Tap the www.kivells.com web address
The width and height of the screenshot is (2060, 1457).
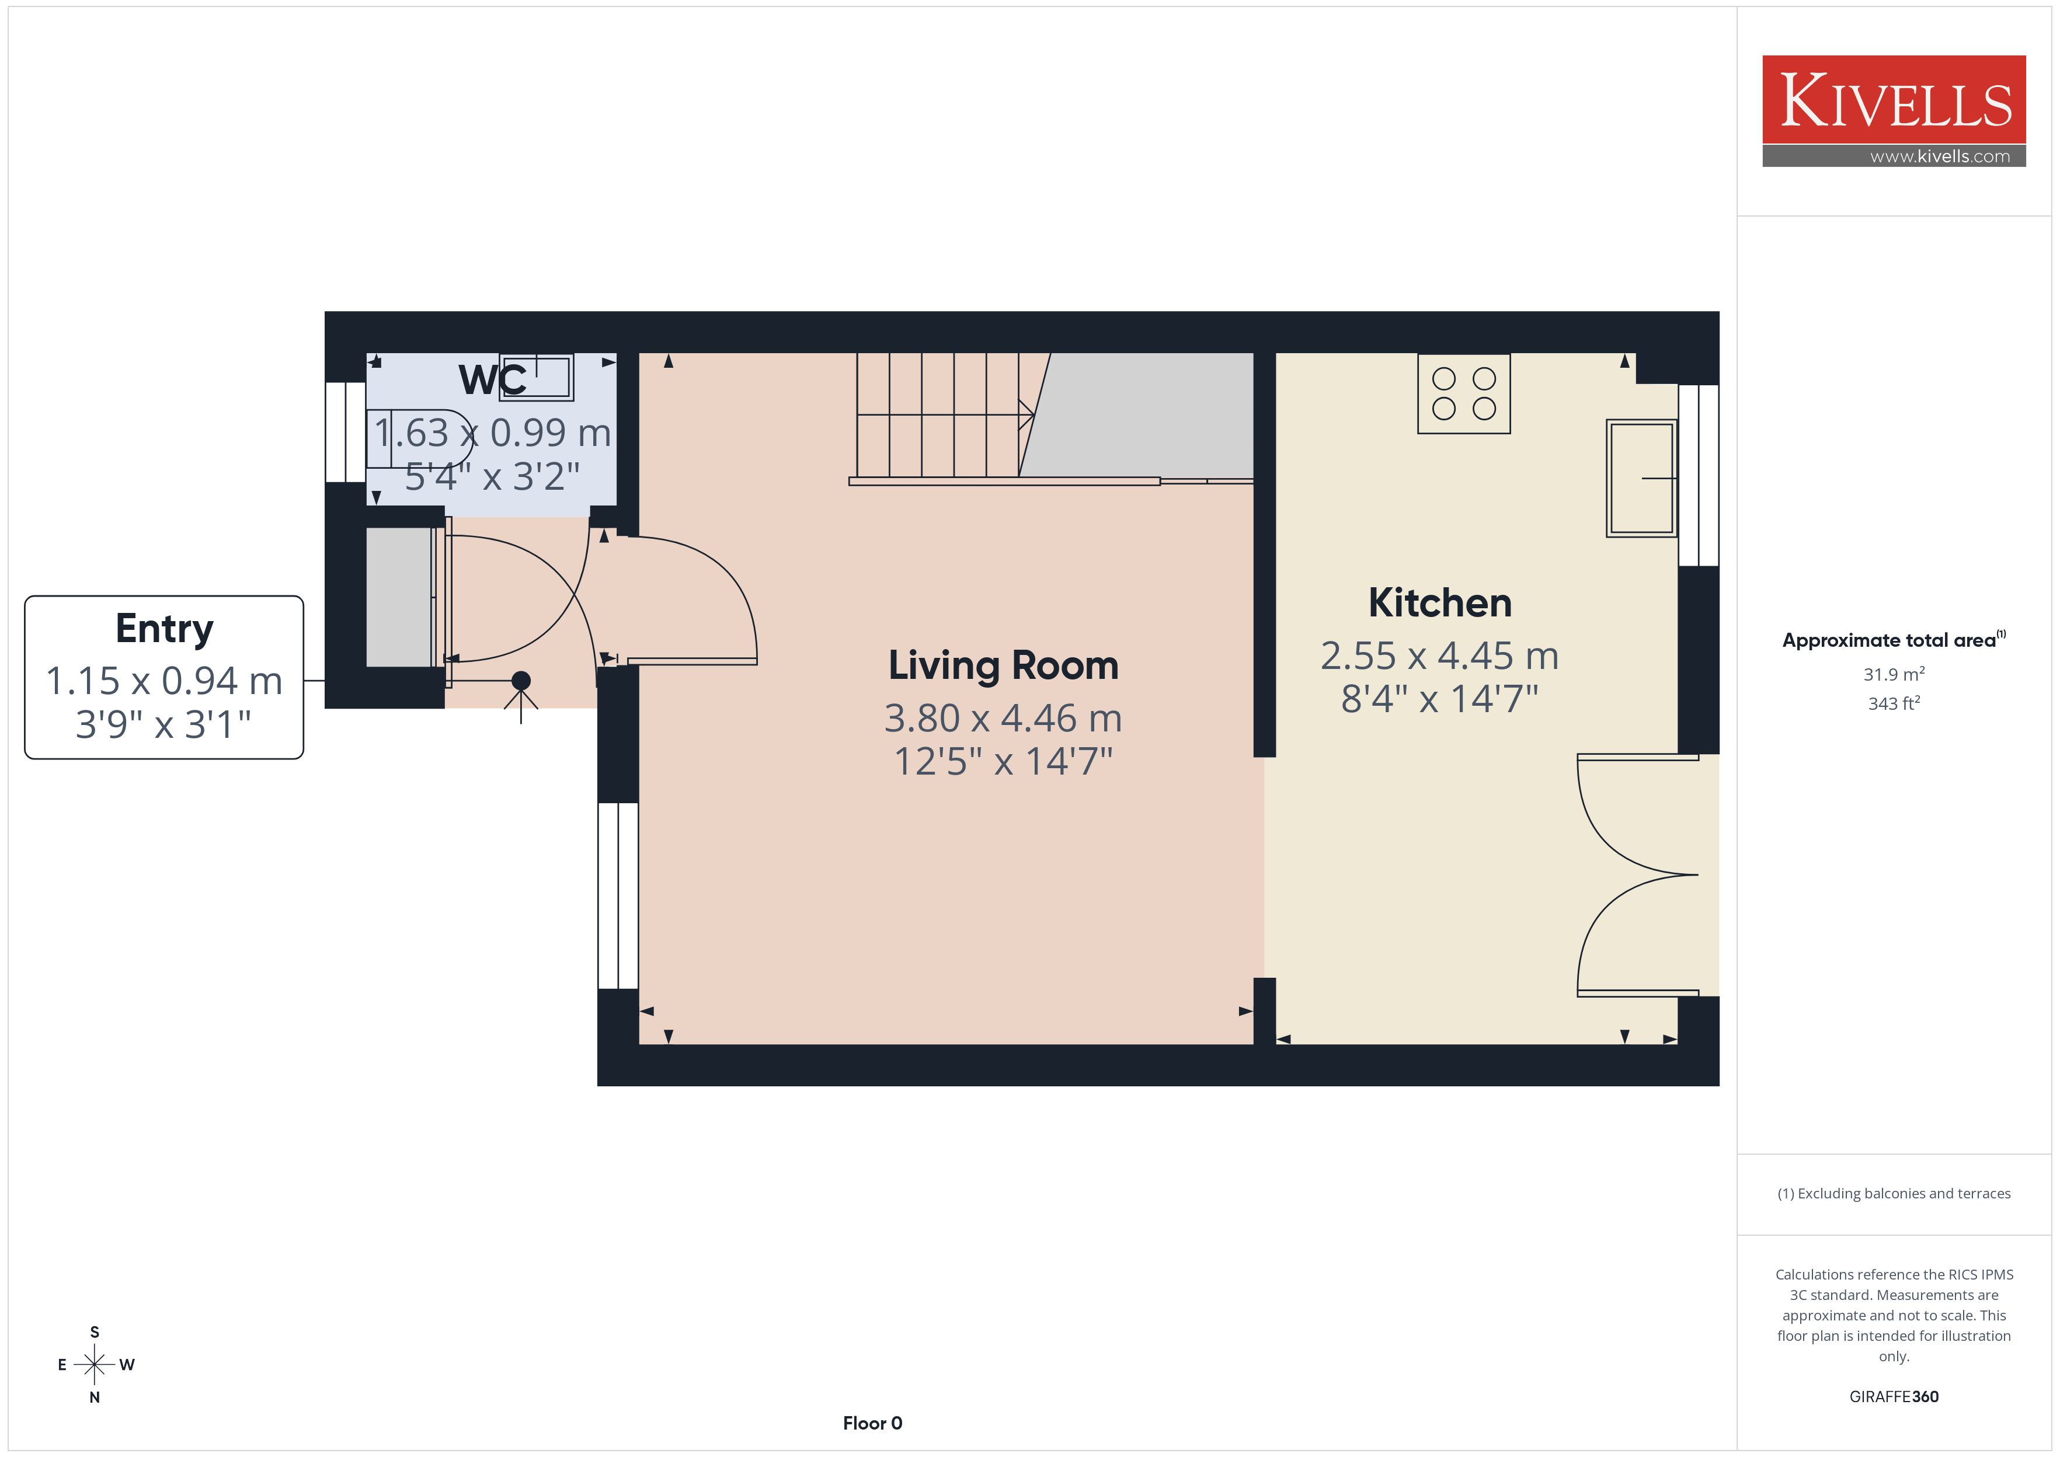coord(1940,156)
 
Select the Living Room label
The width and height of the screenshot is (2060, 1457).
coord(1003,665)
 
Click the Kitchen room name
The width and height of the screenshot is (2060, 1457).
coord(1440,603)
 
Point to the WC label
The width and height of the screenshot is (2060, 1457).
coord(493,379)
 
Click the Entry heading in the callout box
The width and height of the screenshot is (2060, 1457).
coord(164,629)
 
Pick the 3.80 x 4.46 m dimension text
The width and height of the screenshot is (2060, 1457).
coord(1003,718)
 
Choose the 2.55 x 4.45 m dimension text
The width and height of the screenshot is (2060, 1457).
coord(1440,656)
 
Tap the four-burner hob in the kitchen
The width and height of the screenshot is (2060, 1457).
coord(1463,394)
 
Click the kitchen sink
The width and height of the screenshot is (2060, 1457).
coord(1641,478)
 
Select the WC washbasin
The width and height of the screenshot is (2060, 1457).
coord(537,377)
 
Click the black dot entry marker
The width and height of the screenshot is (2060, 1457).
coord(521,681)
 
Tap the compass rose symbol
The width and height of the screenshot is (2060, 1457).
coord(94,1365)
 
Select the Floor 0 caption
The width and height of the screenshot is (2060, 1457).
coord(872,1423)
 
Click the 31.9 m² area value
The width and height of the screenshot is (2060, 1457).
coord(1894,674)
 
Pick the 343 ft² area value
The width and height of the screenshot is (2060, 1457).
coord(1894,703)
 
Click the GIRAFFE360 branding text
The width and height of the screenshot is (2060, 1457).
coord(1894,1397)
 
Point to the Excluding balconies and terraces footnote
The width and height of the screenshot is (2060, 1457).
coord(1894,1193)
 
